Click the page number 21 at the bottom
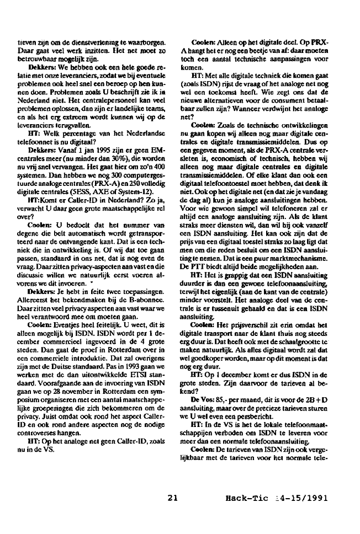tap(173, 498)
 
